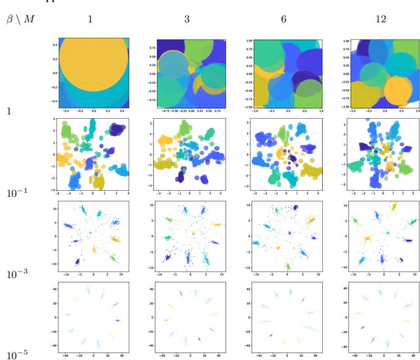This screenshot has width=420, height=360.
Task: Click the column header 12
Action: click(381, 19)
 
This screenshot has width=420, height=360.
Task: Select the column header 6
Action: click(283, 19)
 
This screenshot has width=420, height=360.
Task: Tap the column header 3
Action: click(187, 19)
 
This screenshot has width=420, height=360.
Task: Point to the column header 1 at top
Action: click(90, 19)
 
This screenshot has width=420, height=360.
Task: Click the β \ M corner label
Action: click(20, 19)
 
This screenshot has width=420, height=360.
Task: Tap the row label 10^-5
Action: click(18, 353)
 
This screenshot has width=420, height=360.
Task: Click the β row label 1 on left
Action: click(9, 111)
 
